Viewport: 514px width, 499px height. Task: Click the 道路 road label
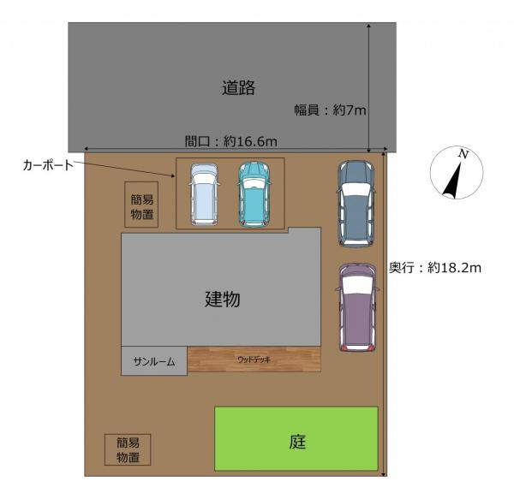click(238, 87)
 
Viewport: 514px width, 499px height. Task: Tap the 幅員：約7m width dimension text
click(330, 110)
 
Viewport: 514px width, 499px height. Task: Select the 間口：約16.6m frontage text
click(230, 141)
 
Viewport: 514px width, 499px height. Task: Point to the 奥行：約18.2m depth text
click(435, 268)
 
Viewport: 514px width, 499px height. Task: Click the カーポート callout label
click(48, 165)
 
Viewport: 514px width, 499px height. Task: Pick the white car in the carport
click(204, 194)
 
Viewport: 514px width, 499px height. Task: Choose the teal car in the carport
click(254, 193)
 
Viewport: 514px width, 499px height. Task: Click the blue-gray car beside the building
click(356, 204)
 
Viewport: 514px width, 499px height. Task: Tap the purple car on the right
click(357, 307)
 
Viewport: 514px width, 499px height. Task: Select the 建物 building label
click(223, 299)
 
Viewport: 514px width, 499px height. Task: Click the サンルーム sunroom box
click(154, 361)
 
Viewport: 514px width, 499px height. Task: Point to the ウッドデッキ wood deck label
click(254, 359)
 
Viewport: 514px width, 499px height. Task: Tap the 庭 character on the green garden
click(297, 442)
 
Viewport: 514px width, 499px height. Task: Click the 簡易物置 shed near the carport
click(141, 205)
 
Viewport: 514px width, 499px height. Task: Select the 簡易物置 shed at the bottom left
click(128, 449)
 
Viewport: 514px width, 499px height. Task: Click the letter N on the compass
click(463, 153)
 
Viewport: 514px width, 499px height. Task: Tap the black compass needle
click(452, 181)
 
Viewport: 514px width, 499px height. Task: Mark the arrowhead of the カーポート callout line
click(173, 176)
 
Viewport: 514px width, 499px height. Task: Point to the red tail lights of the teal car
click(254, 223)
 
